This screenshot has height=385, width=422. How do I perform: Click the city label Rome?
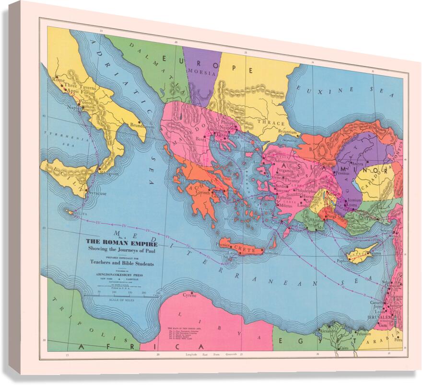point(59,80)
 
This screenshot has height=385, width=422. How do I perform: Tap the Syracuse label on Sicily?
point(97,193)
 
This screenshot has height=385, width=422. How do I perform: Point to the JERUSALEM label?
point(381,317)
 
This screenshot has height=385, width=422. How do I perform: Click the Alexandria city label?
point(328,331)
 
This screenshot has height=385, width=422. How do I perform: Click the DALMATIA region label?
point(151,66)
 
